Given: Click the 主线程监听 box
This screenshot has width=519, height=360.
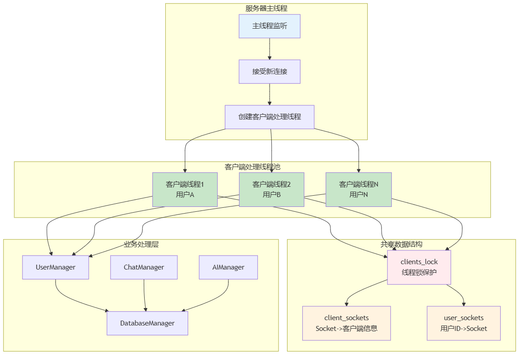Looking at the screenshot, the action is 270,26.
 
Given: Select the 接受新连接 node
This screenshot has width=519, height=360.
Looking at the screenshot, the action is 270,72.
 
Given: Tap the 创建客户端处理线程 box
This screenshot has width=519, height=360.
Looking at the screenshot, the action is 270,117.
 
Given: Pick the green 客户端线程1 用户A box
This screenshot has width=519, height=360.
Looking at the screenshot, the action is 184,189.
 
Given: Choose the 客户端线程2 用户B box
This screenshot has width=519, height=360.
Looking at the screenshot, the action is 271,189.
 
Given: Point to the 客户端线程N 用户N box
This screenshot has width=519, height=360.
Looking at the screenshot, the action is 359,189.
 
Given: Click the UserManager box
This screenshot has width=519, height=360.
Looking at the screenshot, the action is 56,267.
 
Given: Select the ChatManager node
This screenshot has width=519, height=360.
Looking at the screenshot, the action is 144,267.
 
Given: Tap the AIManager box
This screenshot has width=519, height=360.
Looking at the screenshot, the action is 228,267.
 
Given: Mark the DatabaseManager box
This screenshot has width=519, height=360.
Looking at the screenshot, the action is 147,323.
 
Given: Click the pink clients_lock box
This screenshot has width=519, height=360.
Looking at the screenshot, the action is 419,267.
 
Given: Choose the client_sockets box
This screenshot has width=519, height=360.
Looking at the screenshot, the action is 347,323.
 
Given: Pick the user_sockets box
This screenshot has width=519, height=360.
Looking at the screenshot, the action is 464,323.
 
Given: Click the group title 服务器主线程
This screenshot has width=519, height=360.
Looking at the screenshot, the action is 266,8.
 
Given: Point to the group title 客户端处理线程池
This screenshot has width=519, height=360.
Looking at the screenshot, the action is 253,167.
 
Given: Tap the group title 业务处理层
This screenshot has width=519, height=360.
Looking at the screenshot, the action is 142,244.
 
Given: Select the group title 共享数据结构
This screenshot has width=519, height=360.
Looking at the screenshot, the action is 402,244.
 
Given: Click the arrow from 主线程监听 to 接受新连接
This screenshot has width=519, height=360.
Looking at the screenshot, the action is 270,49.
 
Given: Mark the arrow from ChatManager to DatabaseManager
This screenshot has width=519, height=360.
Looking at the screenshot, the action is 144,295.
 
